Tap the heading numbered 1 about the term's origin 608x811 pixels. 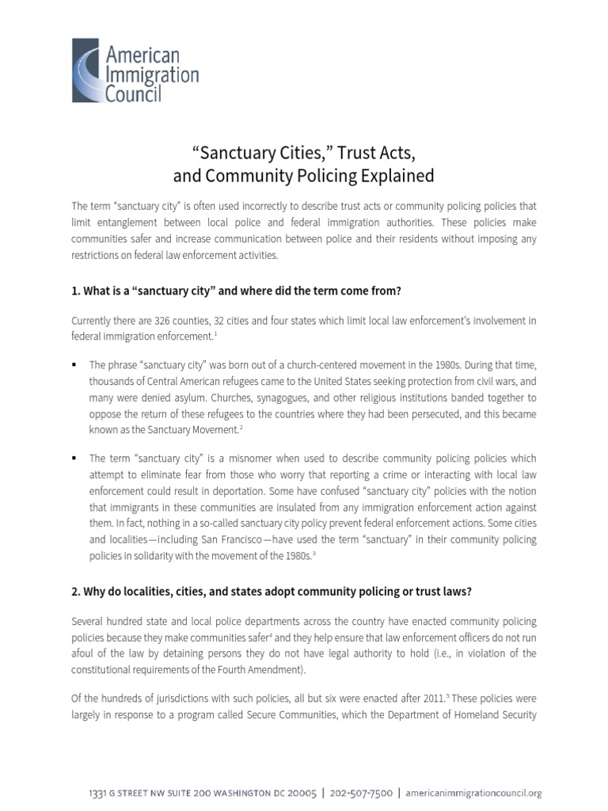[237, 291]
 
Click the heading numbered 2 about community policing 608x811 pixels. [272, 592]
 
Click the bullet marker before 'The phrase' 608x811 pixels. [74, 365]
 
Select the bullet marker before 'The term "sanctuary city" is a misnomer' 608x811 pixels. [74, 459]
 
